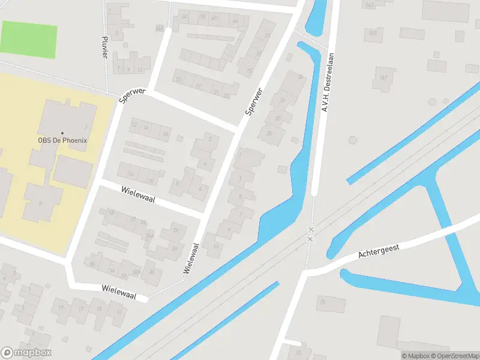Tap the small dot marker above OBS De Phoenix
[62, 133]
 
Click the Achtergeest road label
[378, 250]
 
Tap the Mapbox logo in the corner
[26, 353]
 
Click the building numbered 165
[373, 32]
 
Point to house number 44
[236, 22]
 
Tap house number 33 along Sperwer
[266, 36]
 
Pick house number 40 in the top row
[214, 18]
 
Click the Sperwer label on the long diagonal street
[254, 102]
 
